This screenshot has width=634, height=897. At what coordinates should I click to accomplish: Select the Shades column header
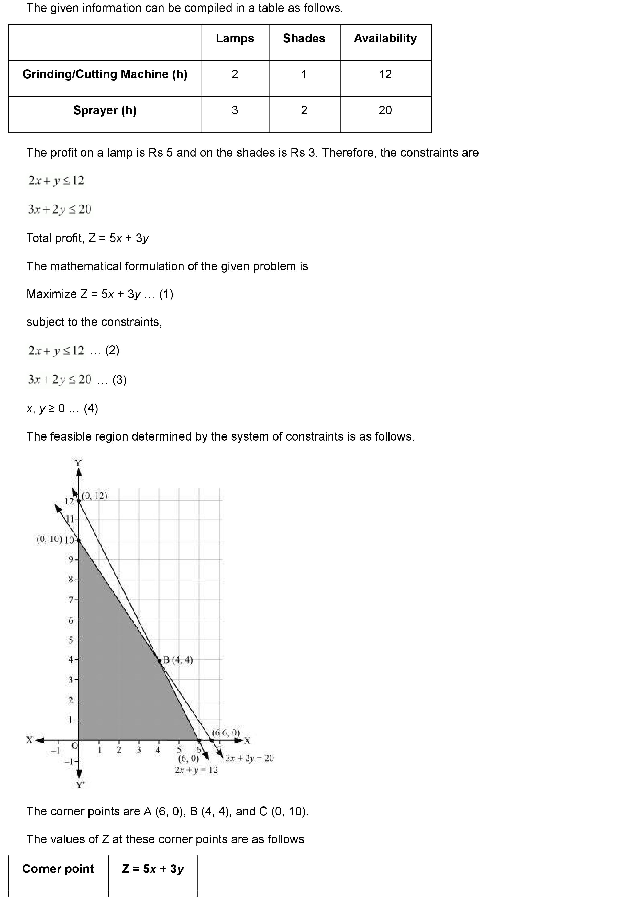[304, 38]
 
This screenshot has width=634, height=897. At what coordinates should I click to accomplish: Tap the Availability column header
[385, 38]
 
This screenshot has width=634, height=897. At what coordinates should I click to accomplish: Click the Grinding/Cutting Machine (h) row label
[105, 74]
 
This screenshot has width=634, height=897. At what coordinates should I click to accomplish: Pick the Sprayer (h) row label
[105, 110]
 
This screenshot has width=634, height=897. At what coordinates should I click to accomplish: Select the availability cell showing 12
[385, 74]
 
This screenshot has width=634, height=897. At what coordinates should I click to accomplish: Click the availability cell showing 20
[385, 110]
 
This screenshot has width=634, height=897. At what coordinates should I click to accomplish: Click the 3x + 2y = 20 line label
[250, 758]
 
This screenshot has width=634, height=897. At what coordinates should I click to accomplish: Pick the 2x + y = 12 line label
[196, 770]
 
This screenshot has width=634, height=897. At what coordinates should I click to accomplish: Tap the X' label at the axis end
[30, 739]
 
